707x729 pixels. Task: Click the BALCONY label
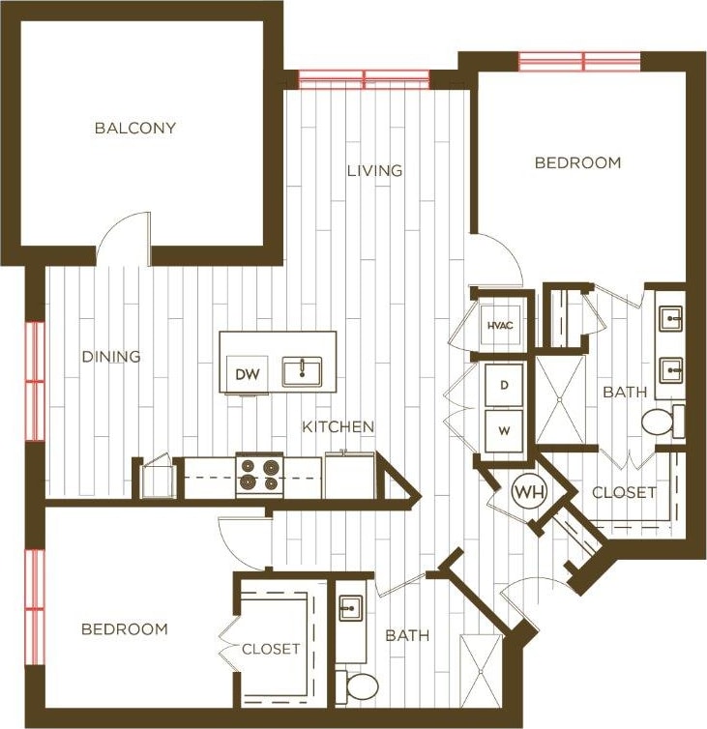click(134, 128)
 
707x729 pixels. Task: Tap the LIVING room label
click(374, 170)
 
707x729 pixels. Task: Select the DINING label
click(110, 356)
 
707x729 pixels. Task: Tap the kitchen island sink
click(302, 370)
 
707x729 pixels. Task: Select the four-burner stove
click(259, 475)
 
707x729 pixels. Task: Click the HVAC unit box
click(499, 326)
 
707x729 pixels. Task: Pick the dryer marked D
click(503, 385)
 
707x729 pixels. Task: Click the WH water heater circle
click(528, 491)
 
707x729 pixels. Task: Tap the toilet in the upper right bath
click(662, 422)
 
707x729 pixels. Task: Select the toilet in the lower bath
click(361, 686)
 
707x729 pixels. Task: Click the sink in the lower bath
click(349, 609)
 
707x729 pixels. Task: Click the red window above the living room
click(364, 78)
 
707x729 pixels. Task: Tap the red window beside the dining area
click(35, 381)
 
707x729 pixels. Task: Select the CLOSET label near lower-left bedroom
click(271, 649)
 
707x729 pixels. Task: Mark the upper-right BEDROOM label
click(577, 162)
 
